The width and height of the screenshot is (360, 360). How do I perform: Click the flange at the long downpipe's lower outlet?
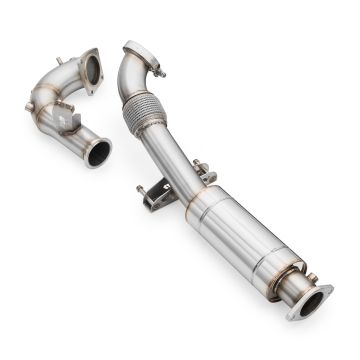[x=311, y=301]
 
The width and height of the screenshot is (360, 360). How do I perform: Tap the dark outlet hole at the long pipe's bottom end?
[x=312, y=303]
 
